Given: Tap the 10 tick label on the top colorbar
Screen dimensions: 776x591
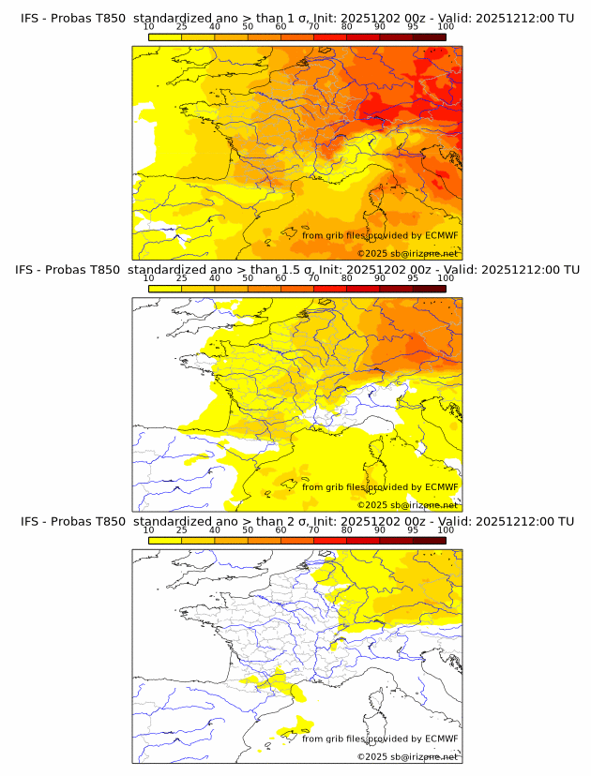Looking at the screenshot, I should coord(149,27).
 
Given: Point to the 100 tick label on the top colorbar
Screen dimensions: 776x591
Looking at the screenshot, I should coord(446,27).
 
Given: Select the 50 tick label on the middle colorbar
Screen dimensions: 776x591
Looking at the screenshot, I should coord(248,278).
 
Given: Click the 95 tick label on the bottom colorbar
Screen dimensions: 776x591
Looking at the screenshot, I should coord(413,530).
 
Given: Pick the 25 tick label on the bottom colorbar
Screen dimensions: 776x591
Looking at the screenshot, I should coord(182,530).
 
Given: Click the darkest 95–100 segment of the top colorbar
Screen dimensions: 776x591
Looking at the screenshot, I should coord(429,37).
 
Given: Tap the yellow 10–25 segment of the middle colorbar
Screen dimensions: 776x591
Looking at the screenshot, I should coord(165,289).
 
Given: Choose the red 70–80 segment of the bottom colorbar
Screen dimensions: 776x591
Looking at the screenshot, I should coord(330,540).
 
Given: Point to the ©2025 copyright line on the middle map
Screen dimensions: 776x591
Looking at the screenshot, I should coord(407,505).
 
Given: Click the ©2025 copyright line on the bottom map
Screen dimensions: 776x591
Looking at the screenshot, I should coord(407,756).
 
